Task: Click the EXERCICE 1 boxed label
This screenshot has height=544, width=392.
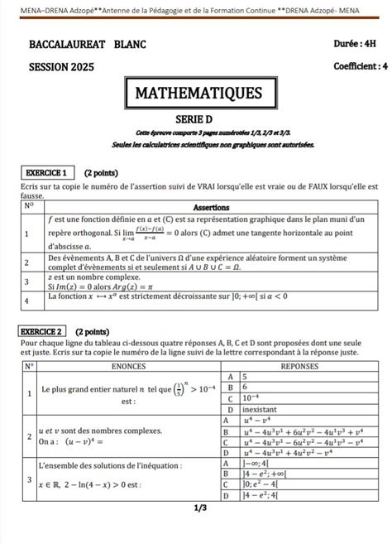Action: (x=45, y=173)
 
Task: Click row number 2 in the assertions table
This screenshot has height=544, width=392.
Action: (x=27, y=262)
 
